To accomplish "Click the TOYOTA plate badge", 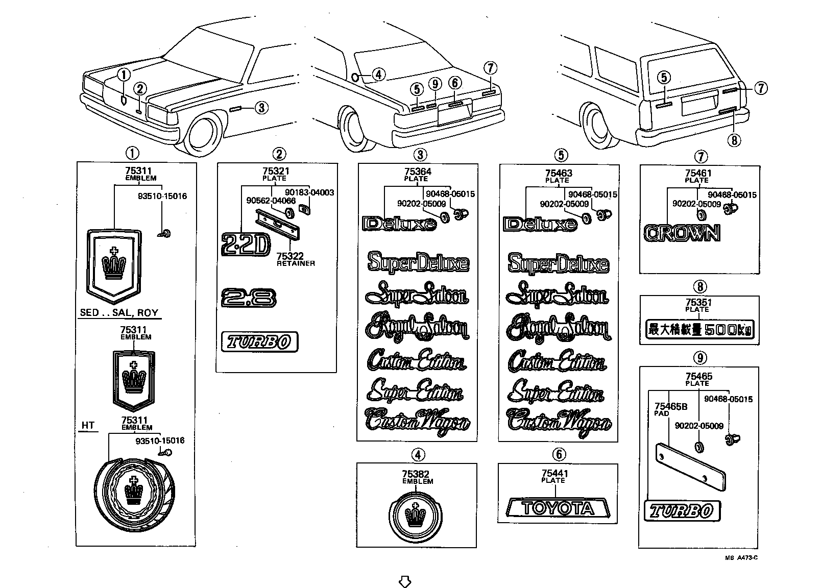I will coord(558,508).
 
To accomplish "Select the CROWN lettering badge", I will coord(682,233).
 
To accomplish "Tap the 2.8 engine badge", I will coord(249,298).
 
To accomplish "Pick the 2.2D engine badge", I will coord(245,244).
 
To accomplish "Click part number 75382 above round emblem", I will coord(417,474).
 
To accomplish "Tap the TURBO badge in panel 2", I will coord(259,342).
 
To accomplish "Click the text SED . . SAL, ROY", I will coord(119,313).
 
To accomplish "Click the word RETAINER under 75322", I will coord(296,263).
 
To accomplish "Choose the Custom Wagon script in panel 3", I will coord(417,421).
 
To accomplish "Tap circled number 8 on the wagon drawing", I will coord(734,139).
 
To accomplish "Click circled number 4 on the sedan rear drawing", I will coord(378,75).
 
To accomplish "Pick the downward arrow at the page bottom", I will coord(404,581).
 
